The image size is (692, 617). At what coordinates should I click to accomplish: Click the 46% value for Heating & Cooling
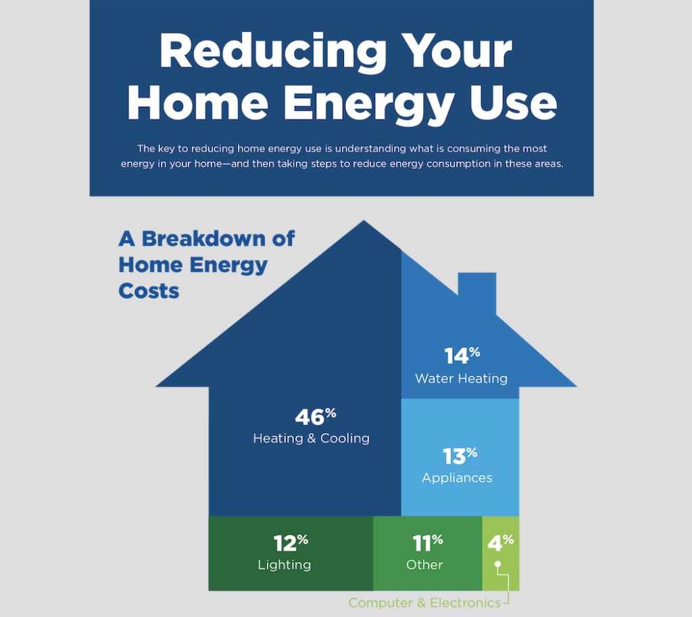(315, 416)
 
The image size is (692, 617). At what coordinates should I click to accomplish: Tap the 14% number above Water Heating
(462, 355)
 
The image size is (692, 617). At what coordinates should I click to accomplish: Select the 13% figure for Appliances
(460, 456)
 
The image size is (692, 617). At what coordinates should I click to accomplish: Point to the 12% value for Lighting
(290, 543)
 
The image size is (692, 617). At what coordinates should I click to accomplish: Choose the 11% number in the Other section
(427, 543)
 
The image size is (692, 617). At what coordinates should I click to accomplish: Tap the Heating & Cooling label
(311, 439)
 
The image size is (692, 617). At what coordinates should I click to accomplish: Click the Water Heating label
(461, 378)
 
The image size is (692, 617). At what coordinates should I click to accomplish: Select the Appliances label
(457, 478)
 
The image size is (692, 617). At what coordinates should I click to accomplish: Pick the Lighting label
(284, 565)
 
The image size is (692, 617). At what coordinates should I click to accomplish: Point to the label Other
(424, 565)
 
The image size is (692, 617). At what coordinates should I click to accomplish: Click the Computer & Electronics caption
(424, 603)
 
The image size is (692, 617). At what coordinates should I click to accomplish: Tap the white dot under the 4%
(497, 564)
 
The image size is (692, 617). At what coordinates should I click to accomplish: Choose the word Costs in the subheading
(149, 291)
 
